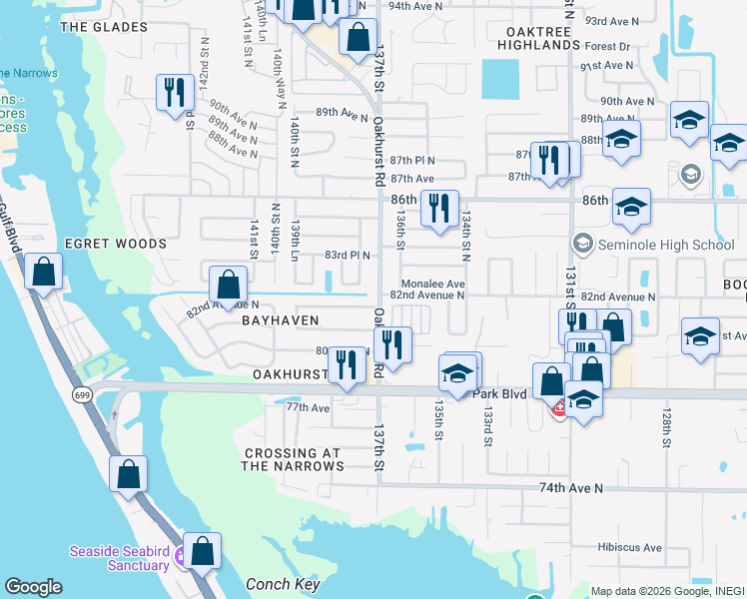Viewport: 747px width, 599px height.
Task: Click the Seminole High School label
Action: (665, 245)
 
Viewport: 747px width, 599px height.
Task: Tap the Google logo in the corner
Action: (33, 587)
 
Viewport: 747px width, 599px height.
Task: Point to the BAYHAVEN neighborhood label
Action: (280, 320)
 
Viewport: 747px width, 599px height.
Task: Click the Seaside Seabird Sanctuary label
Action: (119, 558)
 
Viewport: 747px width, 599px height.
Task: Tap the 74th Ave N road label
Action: (571, 488)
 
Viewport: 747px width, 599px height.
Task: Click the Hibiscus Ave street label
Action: (630, 547)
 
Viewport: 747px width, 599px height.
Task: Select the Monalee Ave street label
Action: (433, 284)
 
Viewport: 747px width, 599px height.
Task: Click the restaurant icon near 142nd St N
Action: (175, 92)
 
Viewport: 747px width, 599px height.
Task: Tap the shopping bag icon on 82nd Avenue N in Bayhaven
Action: (228, 284)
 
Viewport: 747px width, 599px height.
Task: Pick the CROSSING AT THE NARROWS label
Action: (294, 459)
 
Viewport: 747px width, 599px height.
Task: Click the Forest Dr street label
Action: (608, 47)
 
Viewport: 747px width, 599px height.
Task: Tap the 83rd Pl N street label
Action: (347, 255)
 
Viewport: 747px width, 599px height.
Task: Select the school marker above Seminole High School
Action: (631, 207)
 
